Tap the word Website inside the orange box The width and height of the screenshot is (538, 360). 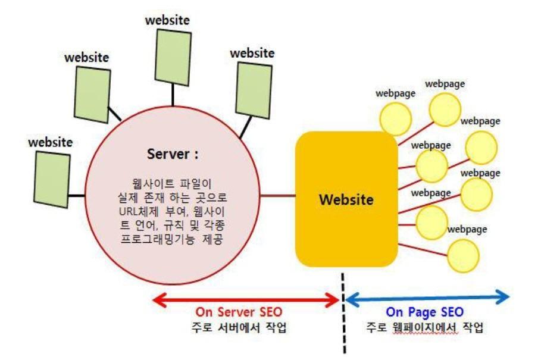click(x=345, y=199)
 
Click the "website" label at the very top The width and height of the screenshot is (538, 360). click(x=167, y=20)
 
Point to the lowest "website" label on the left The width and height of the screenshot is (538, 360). click(x=50, y=142)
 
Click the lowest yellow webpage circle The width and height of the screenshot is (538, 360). click(x=462, y=255)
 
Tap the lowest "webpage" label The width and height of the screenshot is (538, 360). click(x=467, y=229)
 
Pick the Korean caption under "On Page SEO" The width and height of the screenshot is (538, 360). click(x=425, y=327)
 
